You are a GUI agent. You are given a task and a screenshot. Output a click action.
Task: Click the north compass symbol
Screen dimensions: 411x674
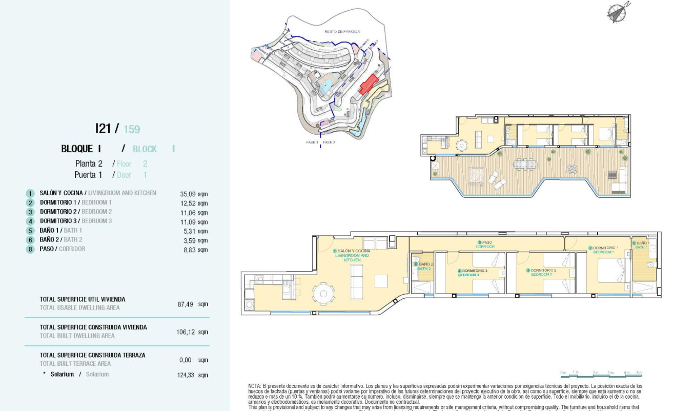coord(617,13)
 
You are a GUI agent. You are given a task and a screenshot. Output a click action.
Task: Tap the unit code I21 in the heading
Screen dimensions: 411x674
coord(105,128)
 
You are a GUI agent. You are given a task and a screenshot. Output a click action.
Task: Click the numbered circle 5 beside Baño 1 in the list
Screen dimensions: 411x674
coord(31,231)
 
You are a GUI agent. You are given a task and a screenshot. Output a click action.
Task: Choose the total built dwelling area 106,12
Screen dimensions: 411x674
coord(192,332)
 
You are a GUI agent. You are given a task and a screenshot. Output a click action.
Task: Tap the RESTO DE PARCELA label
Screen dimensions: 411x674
coord(342,32)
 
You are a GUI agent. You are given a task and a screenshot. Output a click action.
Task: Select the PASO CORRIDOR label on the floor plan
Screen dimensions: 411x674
coord(484,244)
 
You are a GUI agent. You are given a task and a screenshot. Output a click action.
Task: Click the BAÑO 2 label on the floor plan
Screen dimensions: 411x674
coord(424,266)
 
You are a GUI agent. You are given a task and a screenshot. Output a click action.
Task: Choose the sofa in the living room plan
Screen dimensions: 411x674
coord(356,282)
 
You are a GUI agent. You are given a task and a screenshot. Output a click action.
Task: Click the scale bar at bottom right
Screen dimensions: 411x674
coord(601,375)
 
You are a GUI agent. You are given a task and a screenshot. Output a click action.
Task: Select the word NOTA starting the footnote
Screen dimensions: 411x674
coord(254,386)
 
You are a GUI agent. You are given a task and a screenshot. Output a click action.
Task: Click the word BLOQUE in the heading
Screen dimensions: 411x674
coord(77,149)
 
